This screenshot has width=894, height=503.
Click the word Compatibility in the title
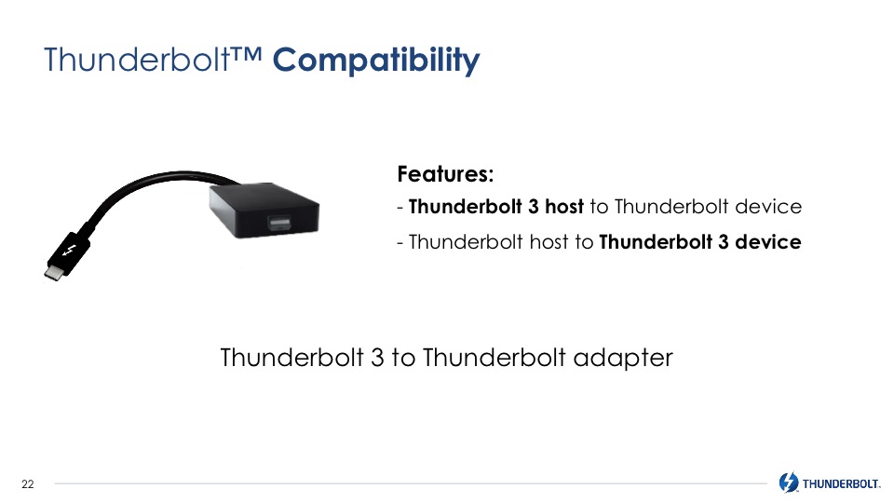pyautogui.click(x=376, y=61)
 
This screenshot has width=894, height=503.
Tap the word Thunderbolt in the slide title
pyautogui.click(x=137, y=60)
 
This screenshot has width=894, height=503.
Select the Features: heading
pyautogui.click(x=445, y=174)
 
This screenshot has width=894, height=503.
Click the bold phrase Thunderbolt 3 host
pyautogui.click(x=496, y=207)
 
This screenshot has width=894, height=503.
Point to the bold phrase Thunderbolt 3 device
pyautogui.click(x=700, y=242)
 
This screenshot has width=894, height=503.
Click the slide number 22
pyautogui.click(x=27, y=484)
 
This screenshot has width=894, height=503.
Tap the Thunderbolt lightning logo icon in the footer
pyautogui.click(x=789, y=483)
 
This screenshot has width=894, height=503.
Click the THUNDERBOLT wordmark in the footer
pyautogui.click(x=841, y=484)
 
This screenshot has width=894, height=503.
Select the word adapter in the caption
pyautogui.click(x=623, y=359)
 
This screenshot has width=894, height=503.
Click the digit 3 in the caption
pyautogui.click(x=377, y=358)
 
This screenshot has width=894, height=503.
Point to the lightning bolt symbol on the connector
pyautogui.click(x=69, y=251)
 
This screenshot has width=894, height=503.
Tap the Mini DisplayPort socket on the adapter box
pyautogui.click(x=280, y=223)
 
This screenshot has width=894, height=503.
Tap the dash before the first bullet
pyautogui.click(x=400, y=208)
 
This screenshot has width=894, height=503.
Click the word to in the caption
pyautogui.click(x=403, y=358)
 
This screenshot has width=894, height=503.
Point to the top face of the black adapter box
pyautogui.click(x=264, y=197)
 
